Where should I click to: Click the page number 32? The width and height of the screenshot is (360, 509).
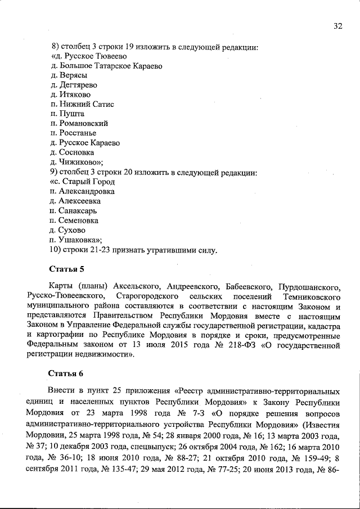[x=337, y=26]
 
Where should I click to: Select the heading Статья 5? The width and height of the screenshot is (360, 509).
[x=66, y=269]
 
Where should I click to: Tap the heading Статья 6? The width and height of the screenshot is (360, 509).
[x=66, y=373]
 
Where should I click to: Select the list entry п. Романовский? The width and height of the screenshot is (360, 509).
[x=79, y=123]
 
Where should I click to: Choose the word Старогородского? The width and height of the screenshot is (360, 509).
[x=147, y=296]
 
